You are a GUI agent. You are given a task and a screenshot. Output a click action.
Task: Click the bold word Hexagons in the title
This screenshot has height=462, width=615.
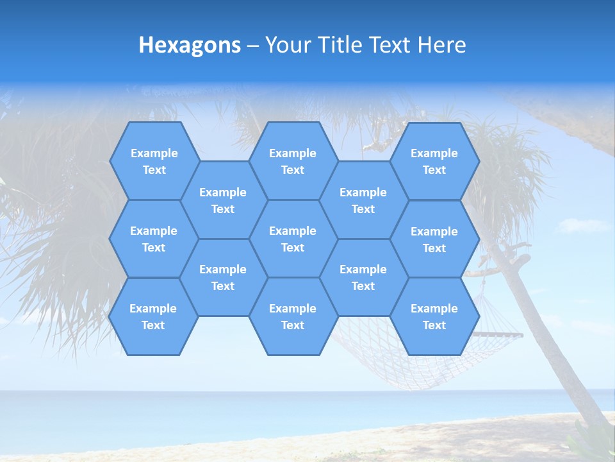(x=190, y=45)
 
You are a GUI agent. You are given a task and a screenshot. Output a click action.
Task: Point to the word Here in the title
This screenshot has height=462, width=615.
(x=441, y=45)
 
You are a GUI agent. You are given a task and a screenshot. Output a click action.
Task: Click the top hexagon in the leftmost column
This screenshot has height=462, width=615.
(x=154, y=161)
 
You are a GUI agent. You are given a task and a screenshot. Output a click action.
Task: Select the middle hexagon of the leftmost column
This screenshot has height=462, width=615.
(x=154, y=239)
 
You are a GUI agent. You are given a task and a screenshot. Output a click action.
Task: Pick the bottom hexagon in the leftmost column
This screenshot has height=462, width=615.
(x=154, y=316)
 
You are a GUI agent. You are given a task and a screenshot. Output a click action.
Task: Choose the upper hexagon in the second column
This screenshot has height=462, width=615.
(x=223, y=200)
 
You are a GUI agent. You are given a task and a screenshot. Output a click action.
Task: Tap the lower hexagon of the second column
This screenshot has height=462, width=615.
(x=223, y=277)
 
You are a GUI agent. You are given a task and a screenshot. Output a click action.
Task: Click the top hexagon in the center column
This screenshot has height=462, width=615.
(x=293, y=161)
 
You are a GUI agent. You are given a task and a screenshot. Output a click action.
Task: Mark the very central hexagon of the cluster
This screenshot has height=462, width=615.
(x=293, y=239)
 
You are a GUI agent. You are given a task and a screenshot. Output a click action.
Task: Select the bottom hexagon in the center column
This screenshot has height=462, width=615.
(x=293, y=316)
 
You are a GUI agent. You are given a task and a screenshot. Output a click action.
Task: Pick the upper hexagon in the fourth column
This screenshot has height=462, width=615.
(x=363, y=200)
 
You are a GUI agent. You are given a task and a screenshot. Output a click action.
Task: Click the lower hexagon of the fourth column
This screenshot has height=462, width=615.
(x=363, y=277)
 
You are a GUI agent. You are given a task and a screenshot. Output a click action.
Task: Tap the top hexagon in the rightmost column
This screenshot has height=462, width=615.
(x=434, y=161)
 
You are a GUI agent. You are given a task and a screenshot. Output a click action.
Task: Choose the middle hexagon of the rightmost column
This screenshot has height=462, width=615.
(x=434, y=239)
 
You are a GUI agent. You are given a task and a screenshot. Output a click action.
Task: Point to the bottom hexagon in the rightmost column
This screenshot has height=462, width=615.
(x=434, y=316)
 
